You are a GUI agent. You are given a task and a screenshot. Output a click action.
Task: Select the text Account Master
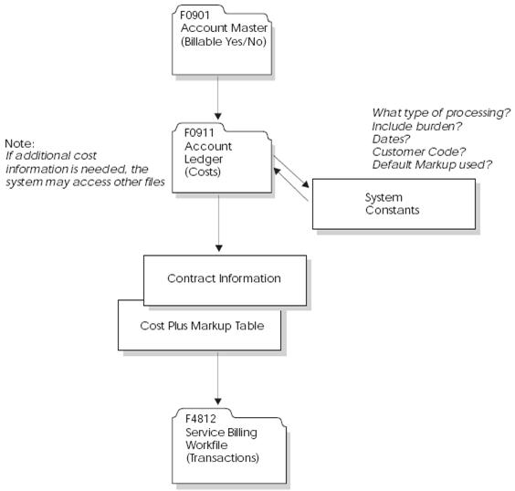(x=225, y=27)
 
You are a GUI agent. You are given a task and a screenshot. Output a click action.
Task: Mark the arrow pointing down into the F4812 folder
(x=220, y=383)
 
